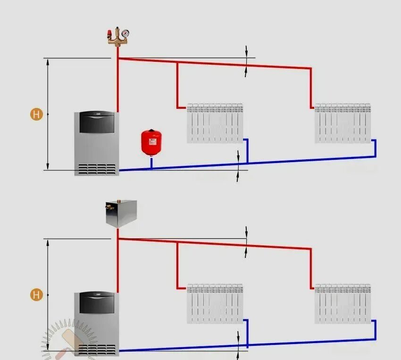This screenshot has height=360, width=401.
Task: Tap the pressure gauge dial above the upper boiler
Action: (x=125, y=33)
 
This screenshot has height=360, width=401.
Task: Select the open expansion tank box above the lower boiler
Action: (x=121, y=213)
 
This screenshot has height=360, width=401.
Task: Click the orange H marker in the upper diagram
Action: (x=36, y=114)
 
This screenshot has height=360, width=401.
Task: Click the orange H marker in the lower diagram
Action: (x=36, y=295)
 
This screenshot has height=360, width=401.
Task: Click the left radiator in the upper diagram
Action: (x=215, y=123)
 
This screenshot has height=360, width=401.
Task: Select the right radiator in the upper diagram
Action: (x=343, y=123)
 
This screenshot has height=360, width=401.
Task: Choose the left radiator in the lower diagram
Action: (x=215, y=303)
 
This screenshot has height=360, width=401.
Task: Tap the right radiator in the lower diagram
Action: (x=343, y=303)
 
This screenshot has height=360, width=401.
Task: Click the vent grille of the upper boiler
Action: (x=97, y=169)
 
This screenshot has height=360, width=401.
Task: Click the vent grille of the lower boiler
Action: (x=97, y=350)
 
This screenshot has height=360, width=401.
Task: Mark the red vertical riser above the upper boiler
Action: (x=117, y=85)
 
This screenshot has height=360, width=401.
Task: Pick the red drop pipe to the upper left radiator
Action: (x=177, y=85)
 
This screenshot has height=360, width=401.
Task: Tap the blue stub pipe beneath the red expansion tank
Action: (x=151, y=162)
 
